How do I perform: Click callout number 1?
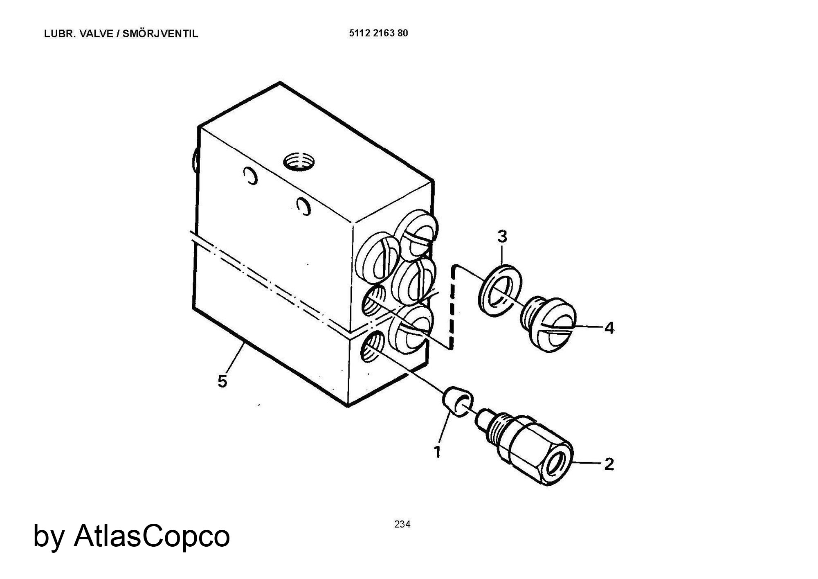point(437,452)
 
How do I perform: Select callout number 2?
point(609,464)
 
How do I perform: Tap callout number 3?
point(502,237)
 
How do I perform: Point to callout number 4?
point(609,328)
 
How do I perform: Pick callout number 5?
point(222,381)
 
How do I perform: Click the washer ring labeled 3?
point(500,291)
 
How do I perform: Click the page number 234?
point(402,524)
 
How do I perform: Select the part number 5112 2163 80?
point(379,33)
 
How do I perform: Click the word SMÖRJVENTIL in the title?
point(160,34)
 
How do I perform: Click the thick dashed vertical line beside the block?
point(452,306)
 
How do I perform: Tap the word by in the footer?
point(48,537)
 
